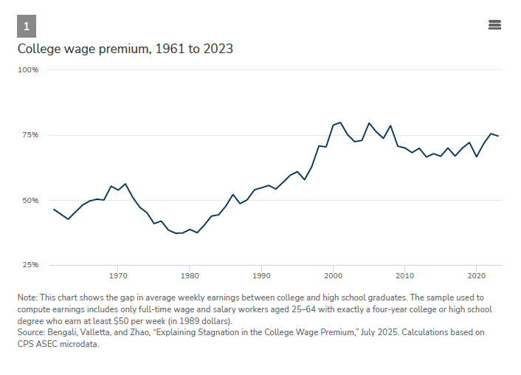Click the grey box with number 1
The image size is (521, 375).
tap(27, 26)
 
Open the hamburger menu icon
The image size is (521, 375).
tap(494, 25)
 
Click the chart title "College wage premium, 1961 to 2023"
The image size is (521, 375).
tap(125, 49)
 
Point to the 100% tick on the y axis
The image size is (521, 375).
tap(28, 70)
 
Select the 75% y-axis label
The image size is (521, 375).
tap(30, 135)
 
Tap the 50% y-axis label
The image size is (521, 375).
tap(30, 201)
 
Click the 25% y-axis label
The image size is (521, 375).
tap(30, 265)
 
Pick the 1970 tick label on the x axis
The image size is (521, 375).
tap(118, 276)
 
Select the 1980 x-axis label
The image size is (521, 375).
tap(190, 276)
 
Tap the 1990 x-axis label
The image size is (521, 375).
tap(261, 276)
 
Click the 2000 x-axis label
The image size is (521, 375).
tap(333, 276)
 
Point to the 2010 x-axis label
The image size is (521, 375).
tap(404, 276)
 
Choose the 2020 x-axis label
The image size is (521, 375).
tap(477, 276)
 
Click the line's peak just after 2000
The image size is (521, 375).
tap(340, 123)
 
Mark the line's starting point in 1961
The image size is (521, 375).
tap(54, 209)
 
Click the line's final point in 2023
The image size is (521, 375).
tap(497, 136)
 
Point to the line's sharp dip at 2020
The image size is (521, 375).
tap(477, 156)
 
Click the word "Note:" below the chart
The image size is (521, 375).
tap(27, 297)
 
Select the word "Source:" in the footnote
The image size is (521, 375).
tap(31, 332)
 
